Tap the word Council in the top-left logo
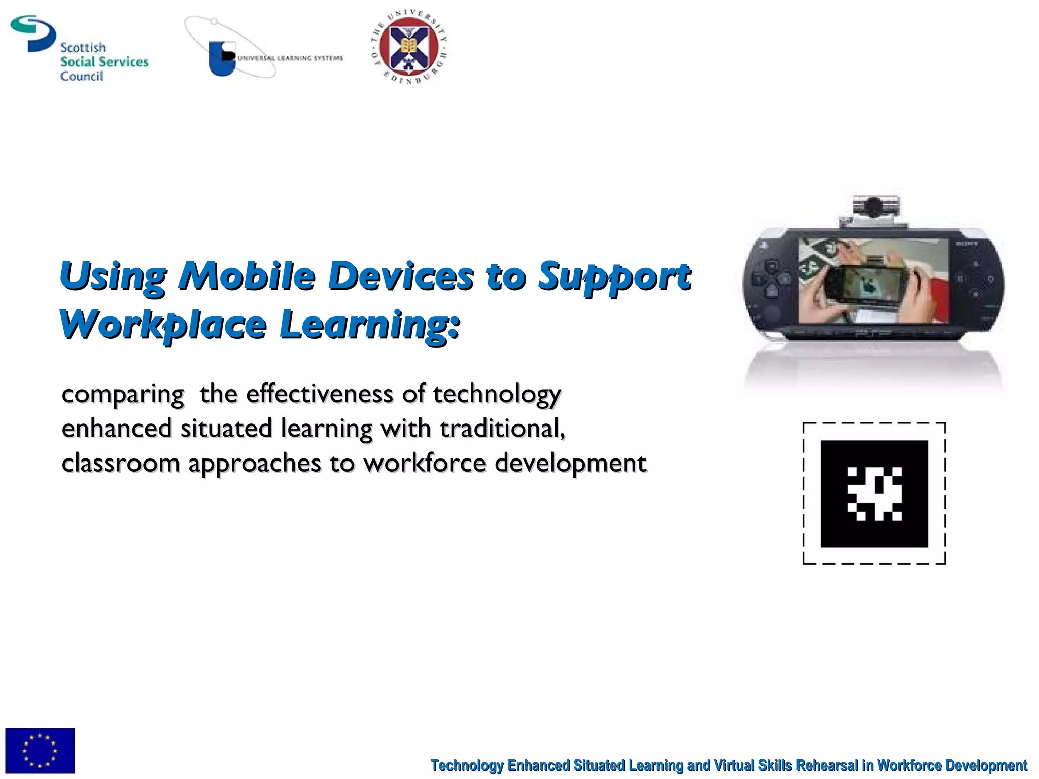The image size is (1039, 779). [x=82, y=76]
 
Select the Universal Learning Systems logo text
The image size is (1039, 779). [x=290, y=58]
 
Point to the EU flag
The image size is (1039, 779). [x=40, y=750]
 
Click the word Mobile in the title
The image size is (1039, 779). [x=247, y=276]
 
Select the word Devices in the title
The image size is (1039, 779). [x=401, y=276]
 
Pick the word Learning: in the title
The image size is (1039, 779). [x=370, y=325]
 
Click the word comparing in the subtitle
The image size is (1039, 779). [x=123, y=395]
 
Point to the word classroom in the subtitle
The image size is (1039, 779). [x=121, y=463]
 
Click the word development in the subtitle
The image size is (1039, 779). [x=570, y=463]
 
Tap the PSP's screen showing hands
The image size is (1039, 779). [x=873, y=280]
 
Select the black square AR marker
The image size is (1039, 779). [x=874, y=493]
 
